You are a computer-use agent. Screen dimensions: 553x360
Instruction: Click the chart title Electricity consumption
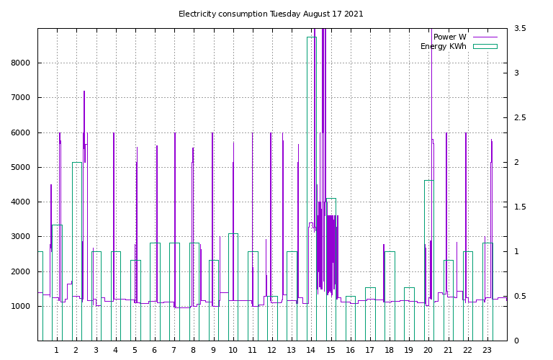tap(223, 14)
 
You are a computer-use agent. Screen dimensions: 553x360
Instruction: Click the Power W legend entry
tap(465, 37)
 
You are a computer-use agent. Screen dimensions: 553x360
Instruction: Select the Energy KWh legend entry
tap(459, 46)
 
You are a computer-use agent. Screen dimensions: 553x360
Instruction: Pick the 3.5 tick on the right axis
tap(520, 28)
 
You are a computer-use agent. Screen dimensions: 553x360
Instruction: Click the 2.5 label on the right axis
tap(520, 117)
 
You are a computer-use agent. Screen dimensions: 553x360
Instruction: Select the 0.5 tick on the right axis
tap(520, 296)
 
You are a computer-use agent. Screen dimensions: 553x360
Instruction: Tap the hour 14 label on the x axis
tap(311, 350)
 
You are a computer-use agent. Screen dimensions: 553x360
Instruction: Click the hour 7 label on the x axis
tap(174, 350)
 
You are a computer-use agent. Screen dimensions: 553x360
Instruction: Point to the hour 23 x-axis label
tap(487, 350)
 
